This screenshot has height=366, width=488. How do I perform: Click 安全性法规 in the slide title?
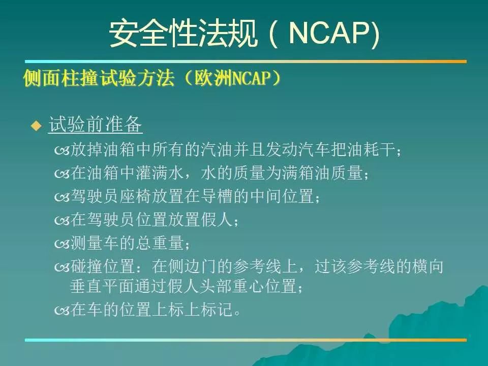click(x=184, y=33)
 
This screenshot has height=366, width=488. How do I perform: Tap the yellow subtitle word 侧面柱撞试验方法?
click(x=99, y=78)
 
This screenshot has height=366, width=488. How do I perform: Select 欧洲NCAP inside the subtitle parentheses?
click(x=232, y=78)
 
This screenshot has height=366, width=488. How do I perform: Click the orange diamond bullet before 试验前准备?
click(x=37, y=126)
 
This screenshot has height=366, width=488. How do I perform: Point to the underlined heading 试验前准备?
click(x=95, y=125)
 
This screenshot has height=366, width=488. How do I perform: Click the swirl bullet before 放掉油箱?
click(x=62, y=150)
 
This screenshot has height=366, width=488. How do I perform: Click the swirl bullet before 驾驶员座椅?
click(x=62, y=197)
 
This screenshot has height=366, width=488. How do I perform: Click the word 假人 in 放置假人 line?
click(x=217, y=220)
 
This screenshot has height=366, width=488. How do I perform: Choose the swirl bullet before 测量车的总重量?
click(x=62, y=244)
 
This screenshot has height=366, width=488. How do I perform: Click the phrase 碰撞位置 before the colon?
click(x=103, y=266)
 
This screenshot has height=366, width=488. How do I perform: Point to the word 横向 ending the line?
click(x=428, y=266)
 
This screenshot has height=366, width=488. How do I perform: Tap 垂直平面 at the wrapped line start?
click(x=102, y=286)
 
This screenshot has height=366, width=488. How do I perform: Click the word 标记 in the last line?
click(x=217, y=310)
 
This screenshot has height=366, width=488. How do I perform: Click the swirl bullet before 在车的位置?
click(x=62, y=311)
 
